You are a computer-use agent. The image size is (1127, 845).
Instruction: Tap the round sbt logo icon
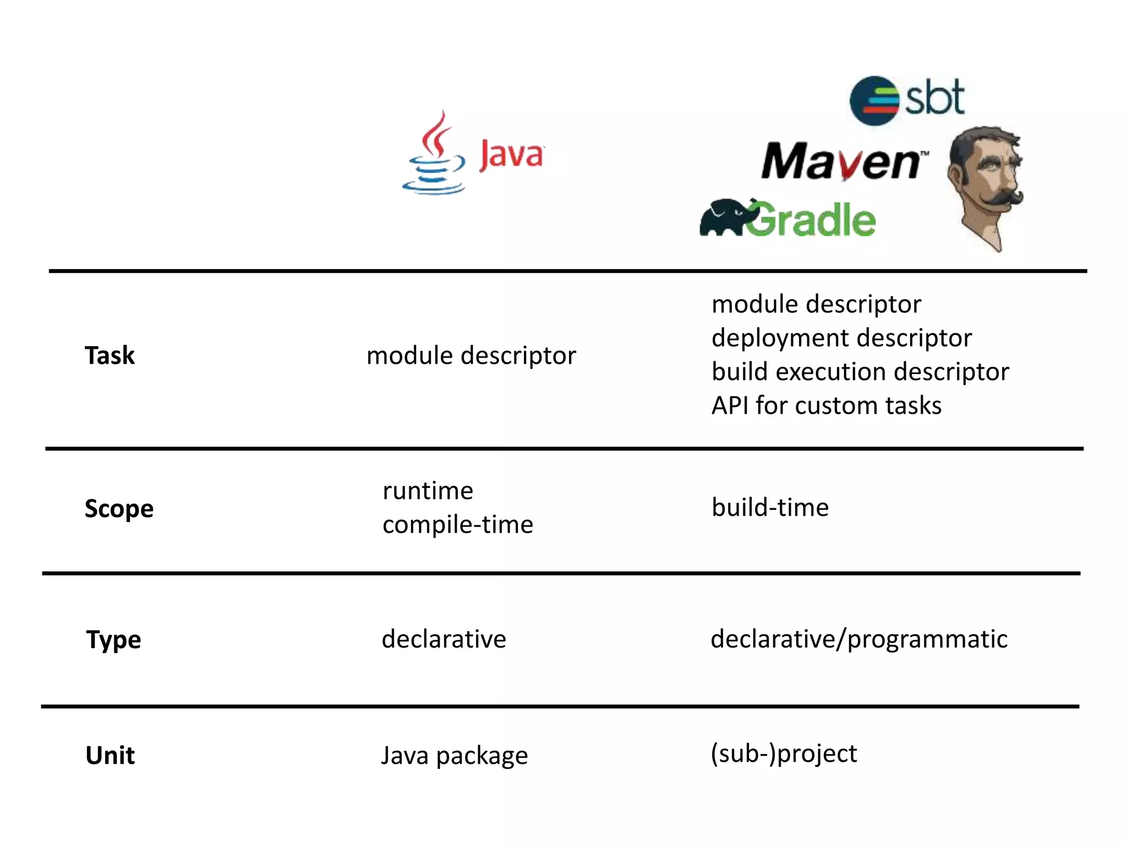pos(874,101)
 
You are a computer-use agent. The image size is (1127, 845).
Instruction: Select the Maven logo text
pos(842,161)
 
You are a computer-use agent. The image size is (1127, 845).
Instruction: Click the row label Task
pos(110,355)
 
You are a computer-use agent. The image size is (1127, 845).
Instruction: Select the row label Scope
pos(119,508)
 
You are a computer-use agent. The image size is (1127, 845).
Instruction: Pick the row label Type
pos(113,640)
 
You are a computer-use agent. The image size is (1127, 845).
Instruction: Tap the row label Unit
pos(110,755)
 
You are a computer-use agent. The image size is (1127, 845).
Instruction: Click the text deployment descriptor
pos(841,338)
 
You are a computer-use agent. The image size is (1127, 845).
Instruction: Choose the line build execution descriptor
pos(860,372)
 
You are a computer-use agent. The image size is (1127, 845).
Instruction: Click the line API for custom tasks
pos(826,406)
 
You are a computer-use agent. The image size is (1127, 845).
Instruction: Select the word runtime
pos(428,491)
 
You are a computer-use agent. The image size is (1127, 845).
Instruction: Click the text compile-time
pos(458,525)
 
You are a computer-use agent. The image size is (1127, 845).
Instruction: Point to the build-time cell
pos(770,507)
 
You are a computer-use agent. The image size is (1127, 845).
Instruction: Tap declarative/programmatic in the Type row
pos(859,639)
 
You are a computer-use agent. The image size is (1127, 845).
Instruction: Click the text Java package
pos(455,755)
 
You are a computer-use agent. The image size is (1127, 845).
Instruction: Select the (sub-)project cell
pos(784,754)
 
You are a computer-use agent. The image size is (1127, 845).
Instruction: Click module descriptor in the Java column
pos(471,355)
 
